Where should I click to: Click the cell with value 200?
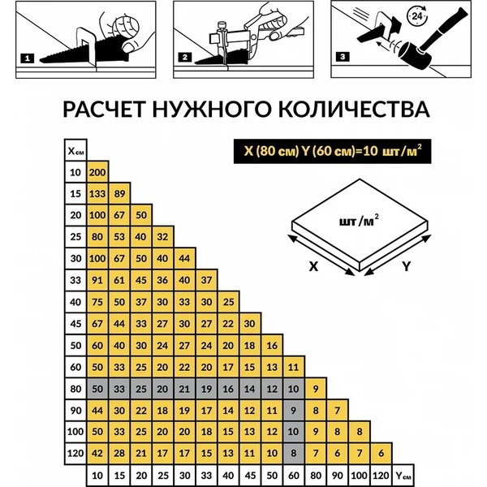tap(97, 172)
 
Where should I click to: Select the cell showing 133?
tap(97, 194)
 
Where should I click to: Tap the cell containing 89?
tap(119, 194)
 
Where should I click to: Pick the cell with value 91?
tap(97, 281)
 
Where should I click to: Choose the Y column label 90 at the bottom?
tap(337, 474)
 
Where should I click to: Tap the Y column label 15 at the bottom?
tap(119, 474)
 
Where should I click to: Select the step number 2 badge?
tap(185, 58)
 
